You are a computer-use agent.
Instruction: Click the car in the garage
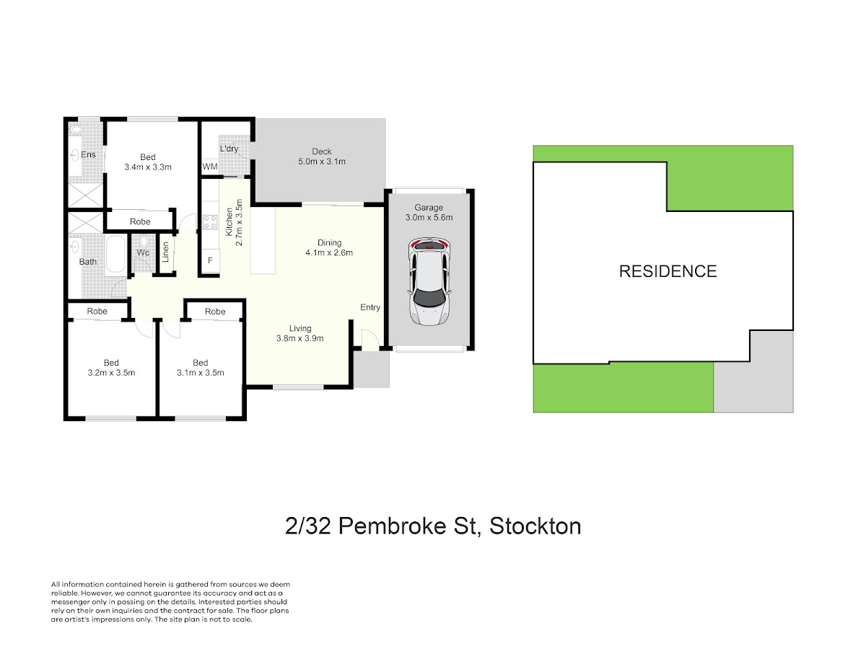(x=429, y=281)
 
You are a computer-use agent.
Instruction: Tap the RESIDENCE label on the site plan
(x=668, y=272)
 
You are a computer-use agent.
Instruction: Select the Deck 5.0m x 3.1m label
(x=322, y=156)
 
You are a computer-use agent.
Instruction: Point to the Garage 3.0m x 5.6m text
(x=429, y=213)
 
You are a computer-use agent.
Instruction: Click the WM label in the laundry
(x=210, y=167)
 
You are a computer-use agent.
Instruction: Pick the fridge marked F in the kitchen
(x=210, y=260)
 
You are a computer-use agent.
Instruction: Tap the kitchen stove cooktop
(x=210, y=221)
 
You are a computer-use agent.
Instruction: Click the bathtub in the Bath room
(x=116, y=254)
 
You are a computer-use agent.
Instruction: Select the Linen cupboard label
(x=166, y=252)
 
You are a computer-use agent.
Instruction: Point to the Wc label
(x=143, y=252)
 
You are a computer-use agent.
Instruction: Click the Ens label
(x=88, y=154)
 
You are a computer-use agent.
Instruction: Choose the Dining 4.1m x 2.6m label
(x=329, y=248)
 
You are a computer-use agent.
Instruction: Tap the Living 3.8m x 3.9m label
(x=299, y=333)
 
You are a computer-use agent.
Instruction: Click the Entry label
(x=370, y=307)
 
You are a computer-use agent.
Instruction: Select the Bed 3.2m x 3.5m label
(x=111, y=368)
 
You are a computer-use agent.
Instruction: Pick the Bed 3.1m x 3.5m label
(x=201, y=368)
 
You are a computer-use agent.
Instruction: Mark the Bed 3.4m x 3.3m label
(x=148, y=162)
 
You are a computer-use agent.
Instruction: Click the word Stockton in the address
(x=535, y=526)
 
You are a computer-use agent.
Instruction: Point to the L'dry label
(x=229, y=149)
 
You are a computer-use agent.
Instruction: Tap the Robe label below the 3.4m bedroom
(x=140, y=221)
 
